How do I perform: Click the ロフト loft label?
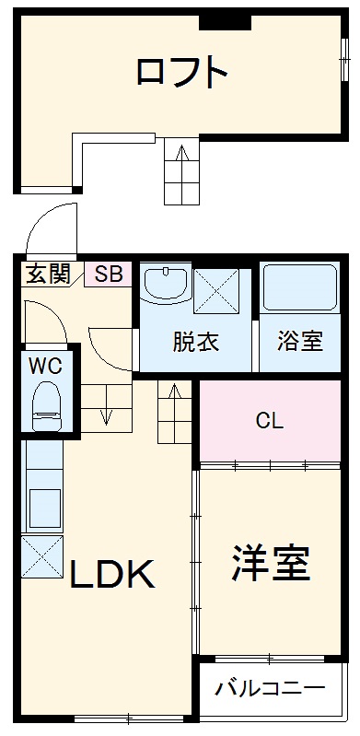pyautogui.click(x=181, y=71)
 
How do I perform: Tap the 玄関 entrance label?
pyautogui.click(x=46, y=274)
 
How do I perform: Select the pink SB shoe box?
pyautogui.click(x=109, y=274)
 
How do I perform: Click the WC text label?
pyautogui.click(x=44, y=364)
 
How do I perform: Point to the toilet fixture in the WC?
pyautogui.click(x=45, y=404)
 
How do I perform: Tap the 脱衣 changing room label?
pyautogui.click(x=195, y=340)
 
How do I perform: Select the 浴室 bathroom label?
pyautogui.click(x=300, y=340)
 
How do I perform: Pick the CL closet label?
pyautogui.click(x=269, y=421)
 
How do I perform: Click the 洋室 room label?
pyautogui.click(x=269, y=563)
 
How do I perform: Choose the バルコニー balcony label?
pyautogui.click(x=270, y=688)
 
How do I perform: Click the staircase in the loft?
pyautogui.click(x=180, y=170)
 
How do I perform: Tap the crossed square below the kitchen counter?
pyautogui.click(x=43, y=555)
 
